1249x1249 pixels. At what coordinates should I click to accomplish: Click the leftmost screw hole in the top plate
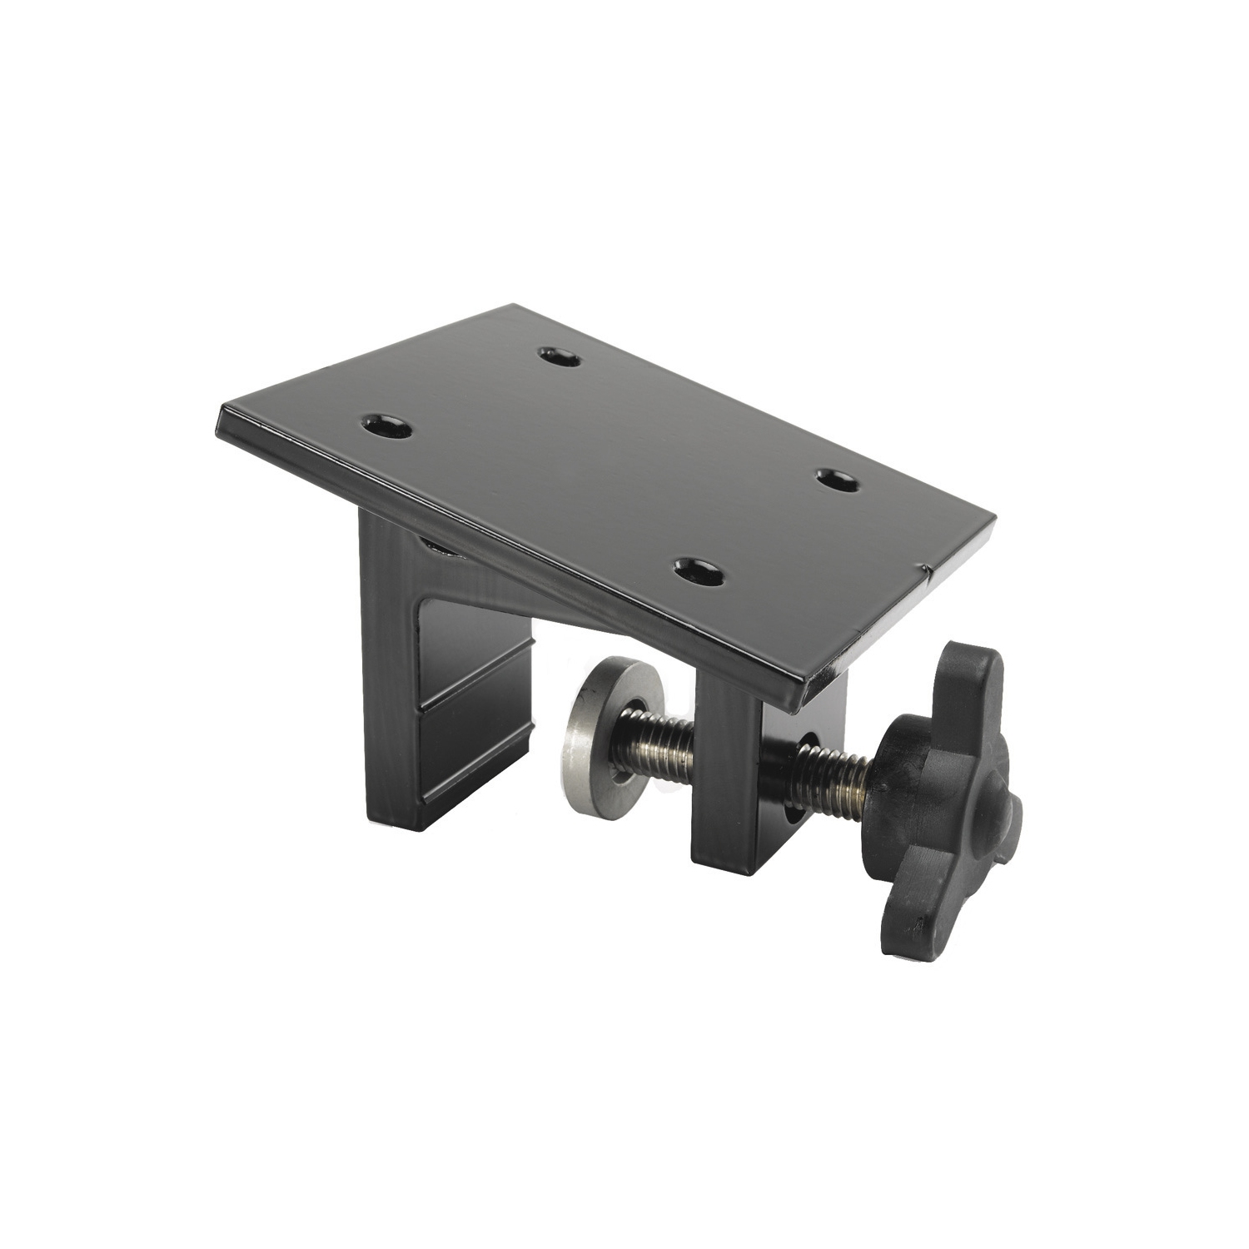click(385, 427)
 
